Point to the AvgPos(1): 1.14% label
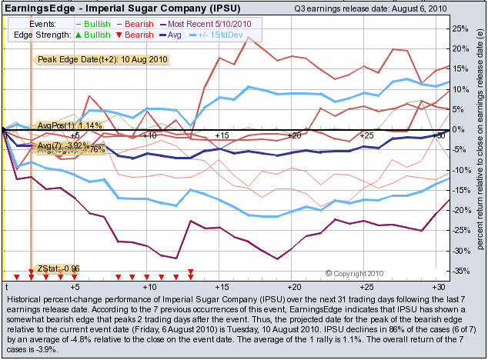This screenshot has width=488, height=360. (x=69, y=125)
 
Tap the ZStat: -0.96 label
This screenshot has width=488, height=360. (x=58, y=268)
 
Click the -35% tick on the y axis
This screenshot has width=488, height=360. (x=460, y=271)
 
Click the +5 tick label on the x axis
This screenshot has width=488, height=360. (x=75, y=285)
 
